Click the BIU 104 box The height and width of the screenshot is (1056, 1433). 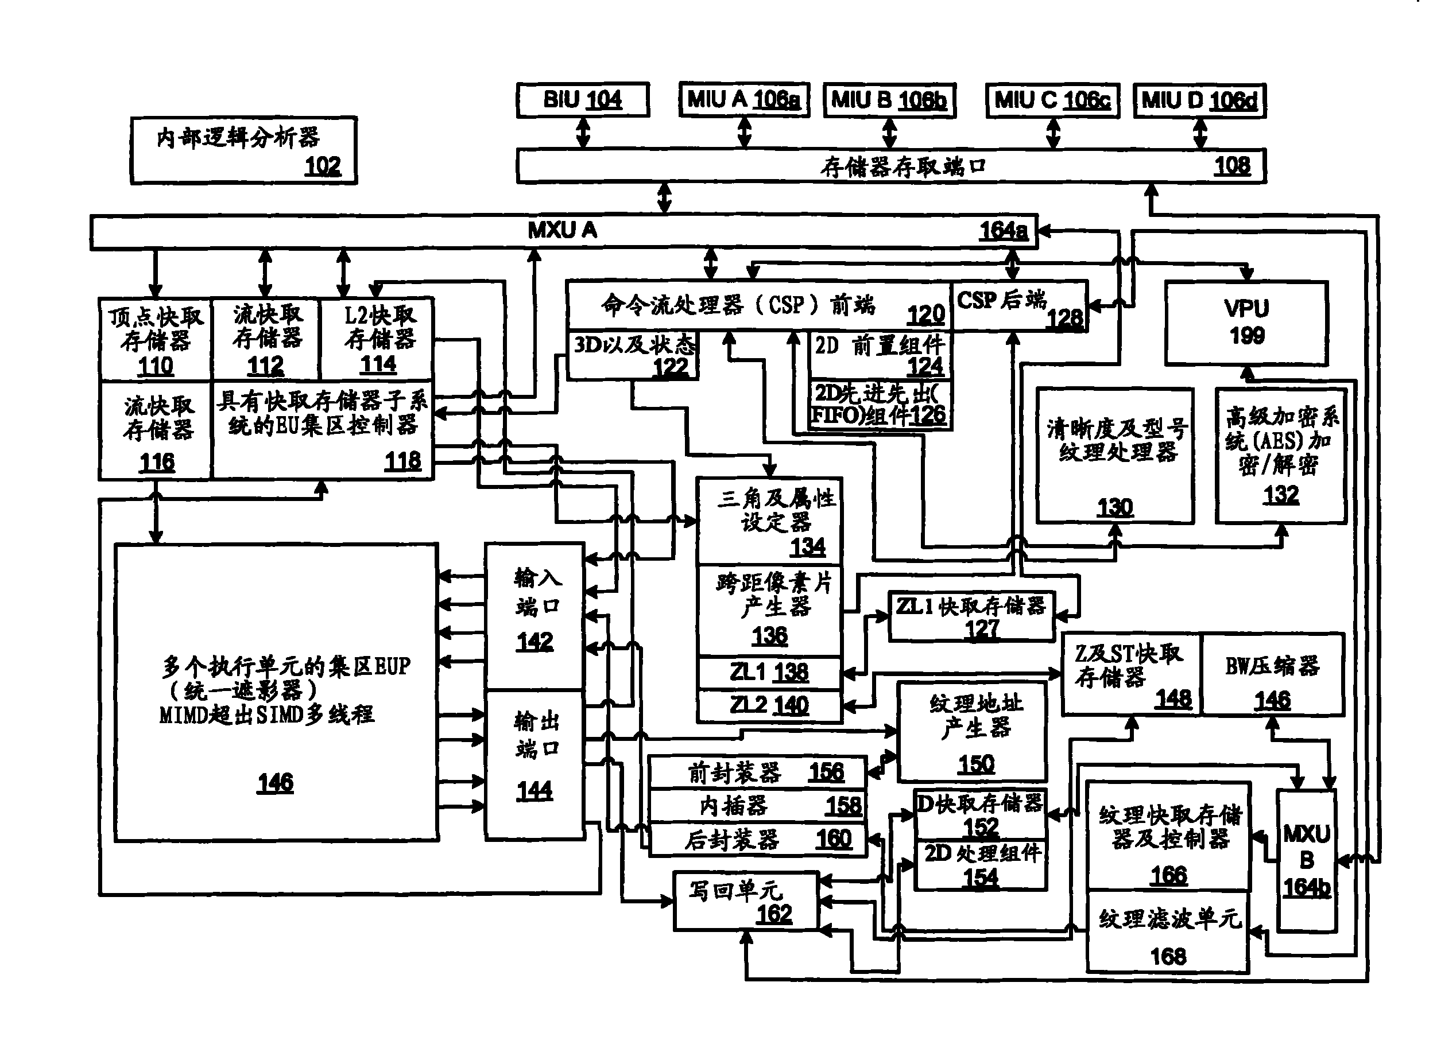(x=583, y=100)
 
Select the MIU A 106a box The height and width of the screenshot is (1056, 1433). (x=743, y=100)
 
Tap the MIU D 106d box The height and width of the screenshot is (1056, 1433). (x=1199, y=100)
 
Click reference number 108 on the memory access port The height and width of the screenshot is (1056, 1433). (x=1231, y=166)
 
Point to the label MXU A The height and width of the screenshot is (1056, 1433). (x=562, y=230)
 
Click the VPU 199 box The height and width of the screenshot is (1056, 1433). (x=1246, y=323)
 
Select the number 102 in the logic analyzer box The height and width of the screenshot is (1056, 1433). (x=322, y=166)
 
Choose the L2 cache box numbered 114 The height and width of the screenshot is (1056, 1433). (x=377, y=338)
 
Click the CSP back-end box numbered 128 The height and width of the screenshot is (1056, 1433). (x=1018, y=306)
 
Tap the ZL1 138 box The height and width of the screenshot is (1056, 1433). (x=769, y=673)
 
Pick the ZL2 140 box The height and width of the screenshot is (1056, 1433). (x=769, y=705)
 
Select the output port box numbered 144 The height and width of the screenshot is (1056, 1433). (x=535, y=764)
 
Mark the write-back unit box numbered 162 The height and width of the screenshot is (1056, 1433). (x=746, y=900)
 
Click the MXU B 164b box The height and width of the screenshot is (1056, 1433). (x=1306, y=860)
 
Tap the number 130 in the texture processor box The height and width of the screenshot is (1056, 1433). (x=1114, y=507)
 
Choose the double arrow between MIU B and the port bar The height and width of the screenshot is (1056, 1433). (x=889, y=134)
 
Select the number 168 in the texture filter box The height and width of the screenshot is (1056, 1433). (x=1168, y=956)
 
